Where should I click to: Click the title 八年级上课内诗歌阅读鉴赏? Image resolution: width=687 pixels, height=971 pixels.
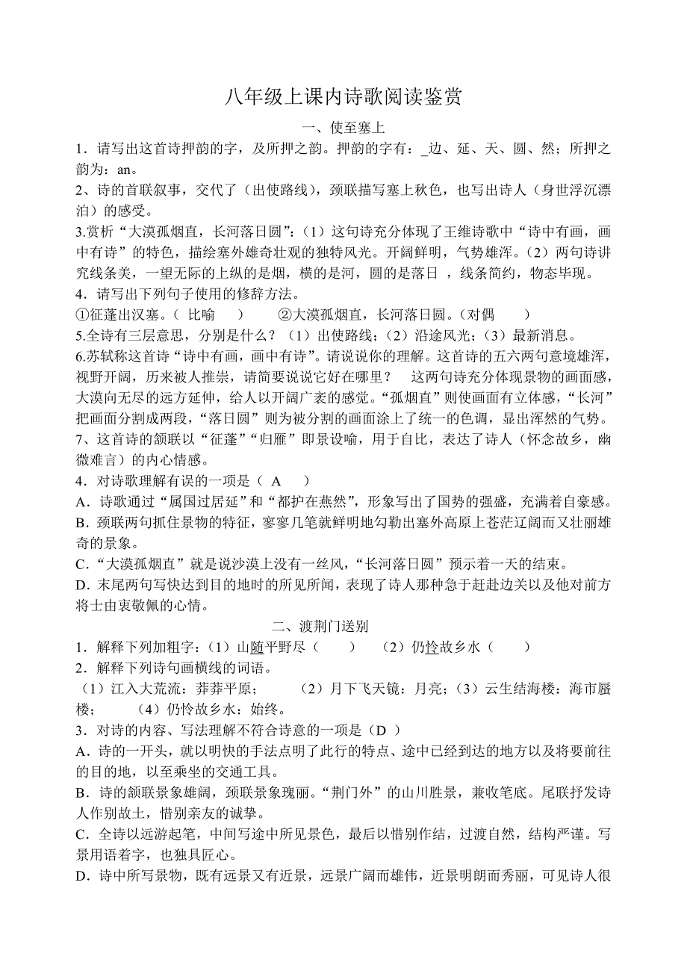point(343,96)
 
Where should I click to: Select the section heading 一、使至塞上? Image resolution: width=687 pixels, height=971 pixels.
point(343,128)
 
